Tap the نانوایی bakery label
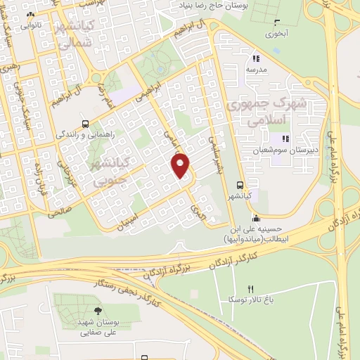(30, 25)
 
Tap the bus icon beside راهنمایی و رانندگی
(85, 120)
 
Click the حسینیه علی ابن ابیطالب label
(255, 233)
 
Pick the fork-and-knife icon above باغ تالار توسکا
(251, 288)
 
